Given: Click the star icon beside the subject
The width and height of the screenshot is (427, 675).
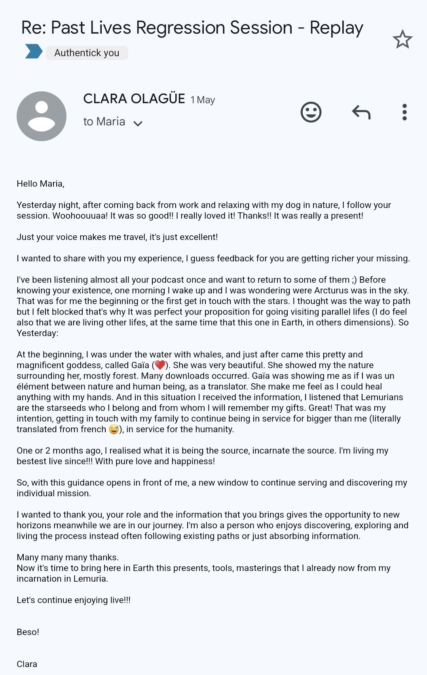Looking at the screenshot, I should click(402, 40).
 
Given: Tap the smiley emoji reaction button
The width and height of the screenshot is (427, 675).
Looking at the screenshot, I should click(311, 112).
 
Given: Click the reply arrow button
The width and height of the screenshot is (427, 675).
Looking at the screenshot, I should click(361, 112).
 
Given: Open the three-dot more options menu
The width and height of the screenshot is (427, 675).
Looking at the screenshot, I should click(404, 112).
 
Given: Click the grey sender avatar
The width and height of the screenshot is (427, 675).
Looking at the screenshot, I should click(42, 116).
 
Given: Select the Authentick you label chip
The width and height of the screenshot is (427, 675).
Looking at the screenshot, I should click(87, 53).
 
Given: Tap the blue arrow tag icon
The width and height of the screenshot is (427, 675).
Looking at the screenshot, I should click(34, 51).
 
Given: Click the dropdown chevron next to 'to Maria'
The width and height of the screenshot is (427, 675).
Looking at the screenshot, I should click(138, 123).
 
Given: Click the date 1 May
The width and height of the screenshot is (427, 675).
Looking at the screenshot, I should click(203, 100).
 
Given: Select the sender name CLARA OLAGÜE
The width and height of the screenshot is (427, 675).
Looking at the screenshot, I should click(134, 99).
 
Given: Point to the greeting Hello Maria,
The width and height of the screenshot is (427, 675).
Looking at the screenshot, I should click(40, 183).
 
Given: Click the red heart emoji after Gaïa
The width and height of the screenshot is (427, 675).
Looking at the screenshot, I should click(160, 365).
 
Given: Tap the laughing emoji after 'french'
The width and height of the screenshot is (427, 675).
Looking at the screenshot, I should click(114, 429).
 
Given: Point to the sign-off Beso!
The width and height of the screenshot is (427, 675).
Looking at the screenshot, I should click(28, 632).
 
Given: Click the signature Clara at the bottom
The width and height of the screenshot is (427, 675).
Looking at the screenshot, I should click(27, 664).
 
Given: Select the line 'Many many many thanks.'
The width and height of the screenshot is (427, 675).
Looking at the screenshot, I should click(68, 557).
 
